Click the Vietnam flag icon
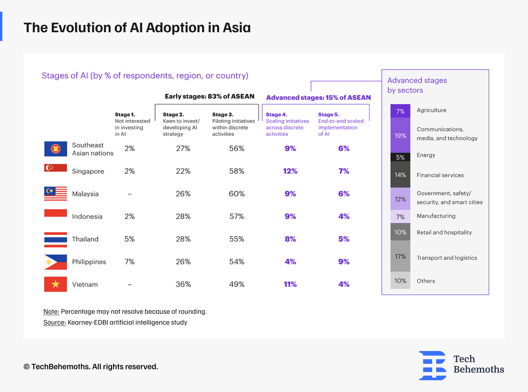click(55, 284)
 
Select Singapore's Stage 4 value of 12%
click(290, 171)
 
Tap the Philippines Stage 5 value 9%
click(344, 262)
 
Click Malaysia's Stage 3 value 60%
click(236, 194)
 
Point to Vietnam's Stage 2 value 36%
click(183, 284)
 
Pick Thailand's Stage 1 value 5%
click(129, 239)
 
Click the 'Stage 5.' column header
click(329, 115)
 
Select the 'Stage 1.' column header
click(125, 115)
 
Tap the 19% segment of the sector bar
click(400, 136)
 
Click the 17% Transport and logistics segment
click(400, 257)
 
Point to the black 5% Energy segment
click(400, 157)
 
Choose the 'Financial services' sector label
click(440, 175)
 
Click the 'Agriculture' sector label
click(431, 110)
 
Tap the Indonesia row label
click(87, 217)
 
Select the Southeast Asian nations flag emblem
click(56, 149)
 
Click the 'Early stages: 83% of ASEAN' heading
click(209, 96)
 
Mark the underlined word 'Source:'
click(55, 323)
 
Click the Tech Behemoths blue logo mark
click(433, 365)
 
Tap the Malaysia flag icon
click(55, 194)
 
